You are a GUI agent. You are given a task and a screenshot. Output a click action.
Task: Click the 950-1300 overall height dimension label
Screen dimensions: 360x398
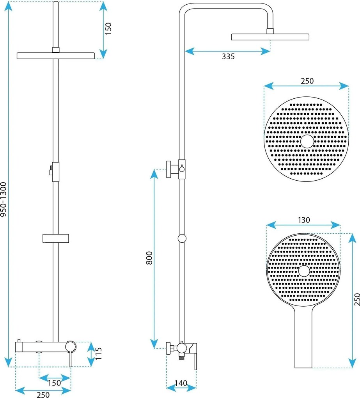tap(4, 199)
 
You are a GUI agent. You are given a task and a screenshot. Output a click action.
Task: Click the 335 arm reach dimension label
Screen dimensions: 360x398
tap(228, 56)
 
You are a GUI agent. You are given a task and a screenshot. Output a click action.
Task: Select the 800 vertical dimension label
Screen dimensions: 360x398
tap(149, 258)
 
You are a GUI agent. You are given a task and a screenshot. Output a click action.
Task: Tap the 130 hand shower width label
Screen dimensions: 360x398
tap(304, 220)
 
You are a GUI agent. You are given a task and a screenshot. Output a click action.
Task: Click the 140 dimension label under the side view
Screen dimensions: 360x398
tap(181, 383)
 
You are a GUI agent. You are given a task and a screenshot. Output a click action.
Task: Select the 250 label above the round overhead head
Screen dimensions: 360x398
tap(307, 81)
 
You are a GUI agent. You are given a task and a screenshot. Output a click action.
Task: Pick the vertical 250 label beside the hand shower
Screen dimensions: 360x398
tap(357, 299)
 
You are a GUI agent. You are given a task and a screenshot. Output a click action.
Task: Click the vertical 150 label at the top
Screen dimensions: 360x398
tap(108, 29)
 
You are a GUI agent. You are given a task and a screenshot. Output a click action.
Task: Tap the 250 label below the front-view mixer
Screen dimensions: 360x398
tap(43, 394)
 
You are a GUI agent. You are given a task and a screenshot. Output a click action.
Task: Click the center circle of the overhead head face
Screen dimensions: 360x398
tap(307, 141)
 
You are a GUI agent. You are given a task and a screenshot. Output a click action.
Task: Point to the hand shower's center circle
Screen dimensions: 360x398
tap(304, 271)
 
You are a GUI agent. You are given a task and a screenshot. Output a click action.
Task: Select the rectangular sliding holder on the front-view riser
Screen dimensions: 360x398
tap(56, 238)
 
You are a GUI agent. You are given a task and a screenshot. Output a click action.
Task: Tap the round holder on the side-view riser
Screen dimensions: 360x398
tap(182, 238)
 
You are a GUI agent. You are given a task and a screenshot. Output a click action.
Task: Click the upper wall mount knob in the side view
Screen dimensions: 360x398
tap(169, 169)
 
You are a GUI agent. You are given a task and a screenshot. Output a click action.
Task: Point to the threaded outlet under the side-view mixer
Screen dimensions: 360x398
tap(181, 358)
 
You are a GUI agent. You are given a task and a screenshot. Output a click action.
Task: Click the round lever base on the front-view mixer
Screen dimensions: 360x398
tap(71, 347)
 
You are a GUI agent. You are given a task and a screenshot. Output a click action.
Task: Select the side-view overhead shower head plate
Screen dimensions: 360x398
tap(270, 37)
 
